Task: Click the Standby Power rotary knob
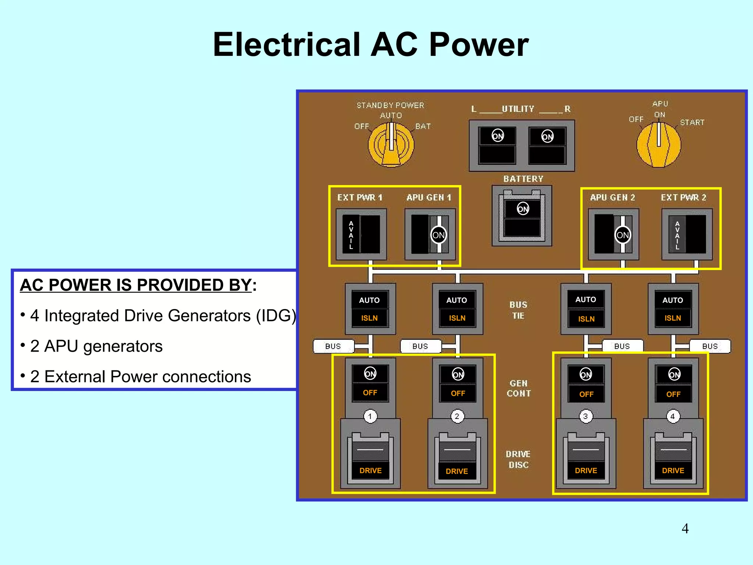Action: [x=391, y=144]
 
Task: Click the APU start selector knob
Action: [x=659, y=144]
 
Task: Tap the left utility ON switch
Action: [x=497, y=136]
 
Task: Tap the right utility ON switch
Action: [x=547, y=137]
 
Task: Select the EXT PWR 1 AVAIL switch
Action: [x=361, y=234]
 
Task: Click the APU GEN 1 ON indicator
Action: [x=438, y=235]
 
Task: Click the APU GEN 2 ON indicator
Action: [x=622, y=235]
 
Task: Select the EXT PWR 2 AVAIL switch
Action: [x=687, y=234]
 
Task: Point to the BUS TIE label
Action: [x=518, y=310]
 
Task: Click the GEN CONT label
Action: [x=518, y=388]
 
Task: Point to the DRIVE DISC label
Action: [x=518, y=459]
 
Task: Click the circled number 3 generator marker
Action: [x=585, y=416]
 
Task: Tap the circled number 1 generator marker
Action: [x=370, y=416]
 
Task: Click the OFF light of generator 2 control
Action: [x=458, y=393]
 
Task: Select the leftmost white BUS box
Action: [x=333, y=346]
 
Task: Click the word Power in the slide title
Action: [x=479, y=45]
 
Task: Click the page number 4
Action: [x=685, y=529]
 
